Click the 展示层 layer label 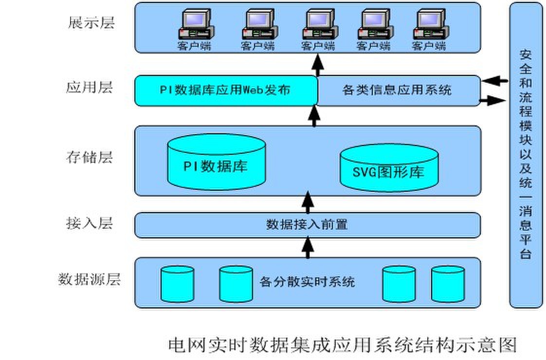tap(91, 23)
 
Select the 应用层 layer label tap(90, 88)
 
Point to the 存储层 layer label tap(90, 158)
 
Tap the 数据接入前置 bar tap(307, 225)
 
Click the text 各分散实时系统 tap(307, 282)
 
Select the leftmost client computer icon tap(195, 25)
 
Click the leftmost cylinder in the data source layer tap(178, 284)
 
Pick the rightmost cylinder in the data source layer tap(448, 284)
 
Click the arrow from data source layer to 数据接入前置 tap(307, 247)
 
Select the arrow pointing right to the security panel tap(492, 101)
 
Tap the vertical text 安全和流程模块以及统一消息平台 tap(526, 155)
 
